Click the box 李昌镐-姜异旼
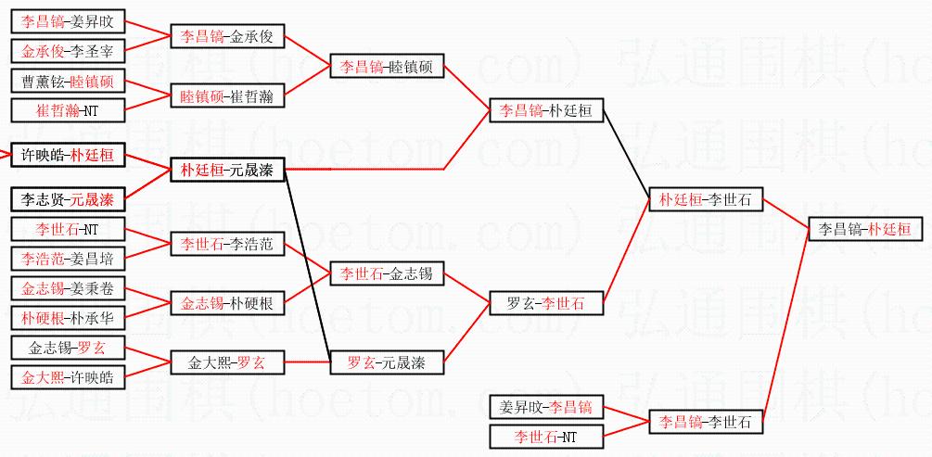(67, 21)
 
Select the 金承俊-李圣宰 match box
(67, 51)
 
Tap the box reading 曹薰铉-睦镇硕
(67, 82)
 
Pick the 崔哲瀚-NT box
(67, 111)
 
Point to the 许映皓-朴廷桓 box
(67, 155)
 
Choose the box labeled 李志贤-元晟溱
(67, 198)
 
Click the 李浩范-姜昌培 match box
(67, 258)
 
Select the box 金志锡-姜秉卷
(67, 288)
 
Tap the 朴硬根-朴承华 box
(67, 317)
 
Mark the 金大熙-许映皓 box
(67, 377)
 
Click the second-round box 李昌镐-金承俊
(227, 36)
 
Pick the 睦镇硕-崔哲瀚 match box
(227, 96)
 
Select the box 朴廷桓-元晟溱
(227, 169)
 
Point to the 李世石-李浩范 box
(227, 244)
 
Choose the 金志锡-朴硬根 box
(227, 303)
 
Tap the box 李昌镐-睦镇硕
(388, 67)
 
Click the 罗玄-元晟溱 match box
(388, 362)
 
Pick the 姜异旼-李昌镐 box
(547, 406)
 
